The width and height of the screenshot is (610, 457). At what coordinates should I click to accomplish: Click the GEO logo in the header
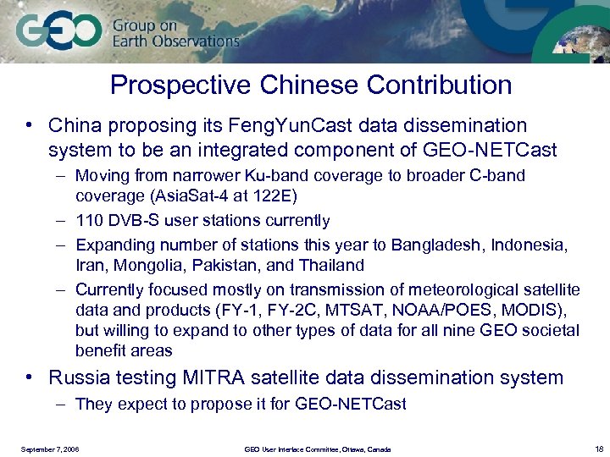point(58,33)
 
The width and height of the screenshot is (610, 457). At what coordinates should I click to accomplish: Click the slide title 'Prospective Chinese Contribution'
point(311,85)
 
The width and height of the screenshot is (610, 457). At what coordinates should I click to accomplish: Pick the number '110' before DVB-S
point(90,221)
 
